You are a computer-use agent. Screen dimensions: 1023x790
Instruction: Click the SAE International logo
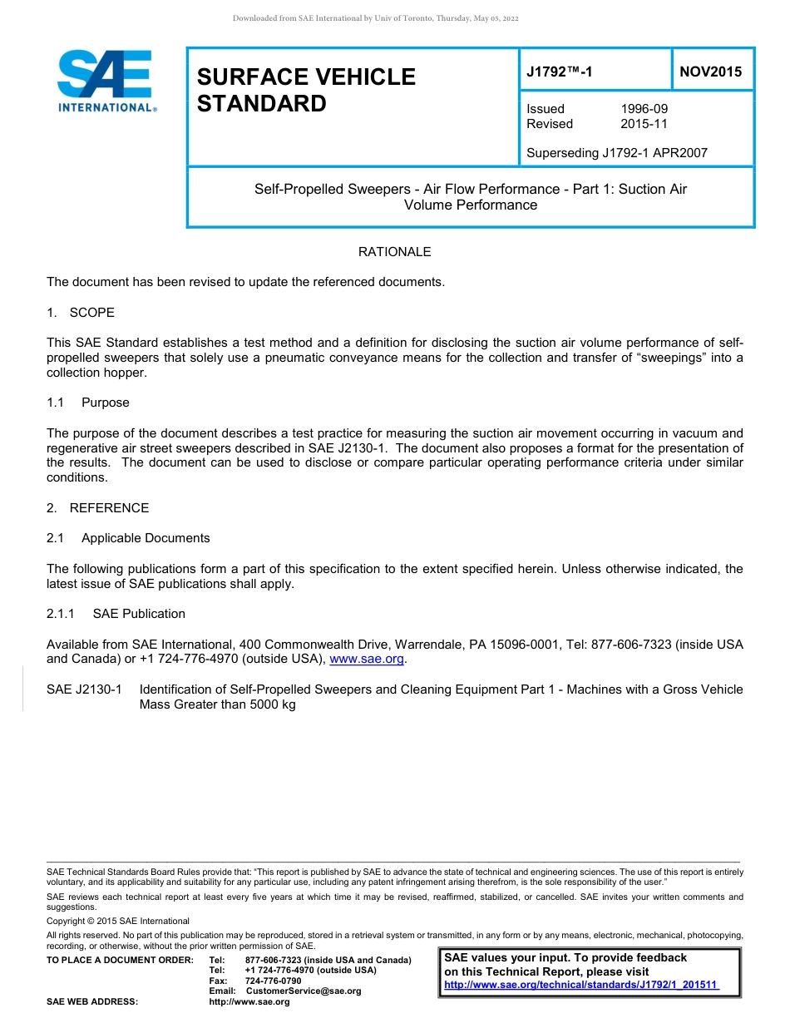pyautogui.click(x=106, y=81)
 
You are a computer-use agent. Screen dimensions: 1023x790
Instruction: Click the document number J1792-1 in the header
pyautogui.click(x=560, y=72)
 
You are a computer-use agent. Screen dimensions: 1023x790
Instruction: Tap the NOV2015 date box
pyautogui.click(x=711, y=72)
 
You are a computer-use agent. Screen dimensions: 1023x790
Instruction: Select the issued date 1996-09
pyautogui.click(x=644, y=109)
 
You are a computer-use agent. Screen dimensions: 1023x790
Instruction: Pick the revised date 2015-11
pyautogui.click(x=644, y=124)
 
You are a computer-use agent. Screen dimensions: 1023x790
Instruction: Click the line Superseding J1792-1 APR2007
pyautogui.click(x=617, y=153)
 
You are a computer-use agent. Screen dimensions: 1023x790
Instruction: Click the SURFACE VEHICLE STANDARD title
pyautogui.click(x=306, y=90)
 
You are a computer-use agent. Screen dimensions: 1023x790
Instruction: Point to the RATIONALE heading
pyautogui.click(x=394, y=252)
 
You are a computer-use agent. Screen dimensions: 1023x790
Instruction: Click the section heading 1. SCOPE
pyautogui.click(x=81, y=313)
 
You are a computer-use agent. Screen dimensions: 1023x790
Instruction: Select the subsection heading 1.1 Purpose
pyautogui.click(x=88, y=403)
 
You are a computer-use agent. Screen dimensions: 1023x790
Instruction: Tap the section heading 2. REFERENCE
pyautogui.click(x=97, y=508)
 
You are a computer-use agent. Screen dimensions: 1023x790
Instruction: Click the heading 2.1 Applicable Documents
pyautogui.click(x=128, y=538)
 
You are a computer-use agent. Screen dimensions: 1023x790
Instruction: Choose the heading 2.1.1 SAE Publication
pyautogui.click(x=116, y=614)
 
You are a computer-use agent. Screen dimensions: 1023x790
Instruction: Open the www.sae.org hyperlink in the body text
pyautogui.click(x=367, y=660)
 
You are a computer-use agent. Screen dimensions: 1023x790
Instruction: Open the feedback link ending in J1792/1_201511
pyautogui.click(x=581, y=985)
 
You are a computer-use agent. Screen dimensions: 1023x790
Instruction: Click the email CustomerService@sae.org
pyautogui.click(x=304, y=991)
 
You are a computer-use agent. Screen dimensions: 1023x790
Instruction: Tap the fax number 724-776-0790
pyautogui.click(x=273, y=981)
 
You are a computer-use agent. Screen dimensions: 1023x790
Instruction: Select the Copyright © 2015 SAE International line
pyautogui.click(x=118, y=921)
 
